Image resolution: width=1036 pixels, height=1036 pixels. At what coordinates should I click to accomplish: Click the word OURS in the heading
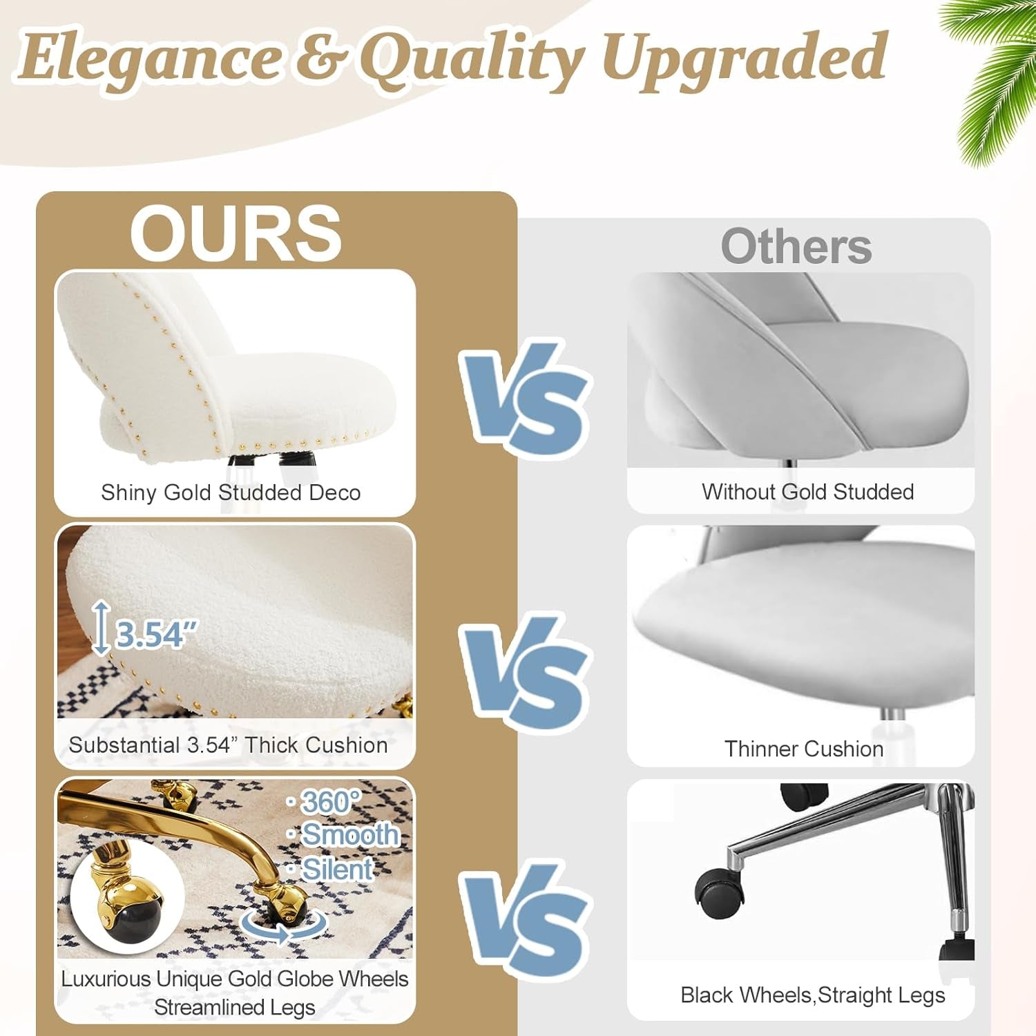click(x=236, y=233)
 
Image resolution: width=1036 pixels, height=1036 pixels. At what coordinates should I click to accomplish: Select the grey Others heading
click(x=796, y=247)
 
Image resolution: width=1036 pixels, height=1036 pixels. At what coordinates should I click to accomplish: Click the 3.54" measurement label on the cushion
click(x=156, y=634)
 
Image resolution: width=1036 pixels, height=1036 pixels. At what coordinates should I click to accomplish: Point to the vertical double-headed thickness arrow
click(x=102, y=627)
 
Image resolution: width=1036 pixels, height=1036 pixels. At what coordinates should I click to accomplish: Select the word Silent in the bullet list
click(x=338, y=869)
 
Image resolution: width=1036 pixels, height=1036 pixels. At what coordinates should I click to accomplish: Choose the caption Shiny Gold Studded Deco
click(x=231, y=492)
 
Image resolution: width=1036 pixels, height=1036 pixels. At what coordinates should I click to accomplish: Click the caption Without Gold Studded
click(x=807, y=492)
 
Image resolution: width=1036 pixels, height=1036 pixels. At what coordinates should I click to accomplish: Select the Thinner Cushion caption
click(x=804, y=749)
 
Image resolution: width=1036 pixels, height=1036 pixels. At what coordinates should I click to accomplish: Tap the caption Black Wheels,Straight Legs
click(x=812, y=995)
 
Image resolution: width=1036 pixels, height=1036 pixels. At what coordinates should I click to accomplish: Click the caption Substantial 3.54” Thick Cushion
click(x=228, y=745)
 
